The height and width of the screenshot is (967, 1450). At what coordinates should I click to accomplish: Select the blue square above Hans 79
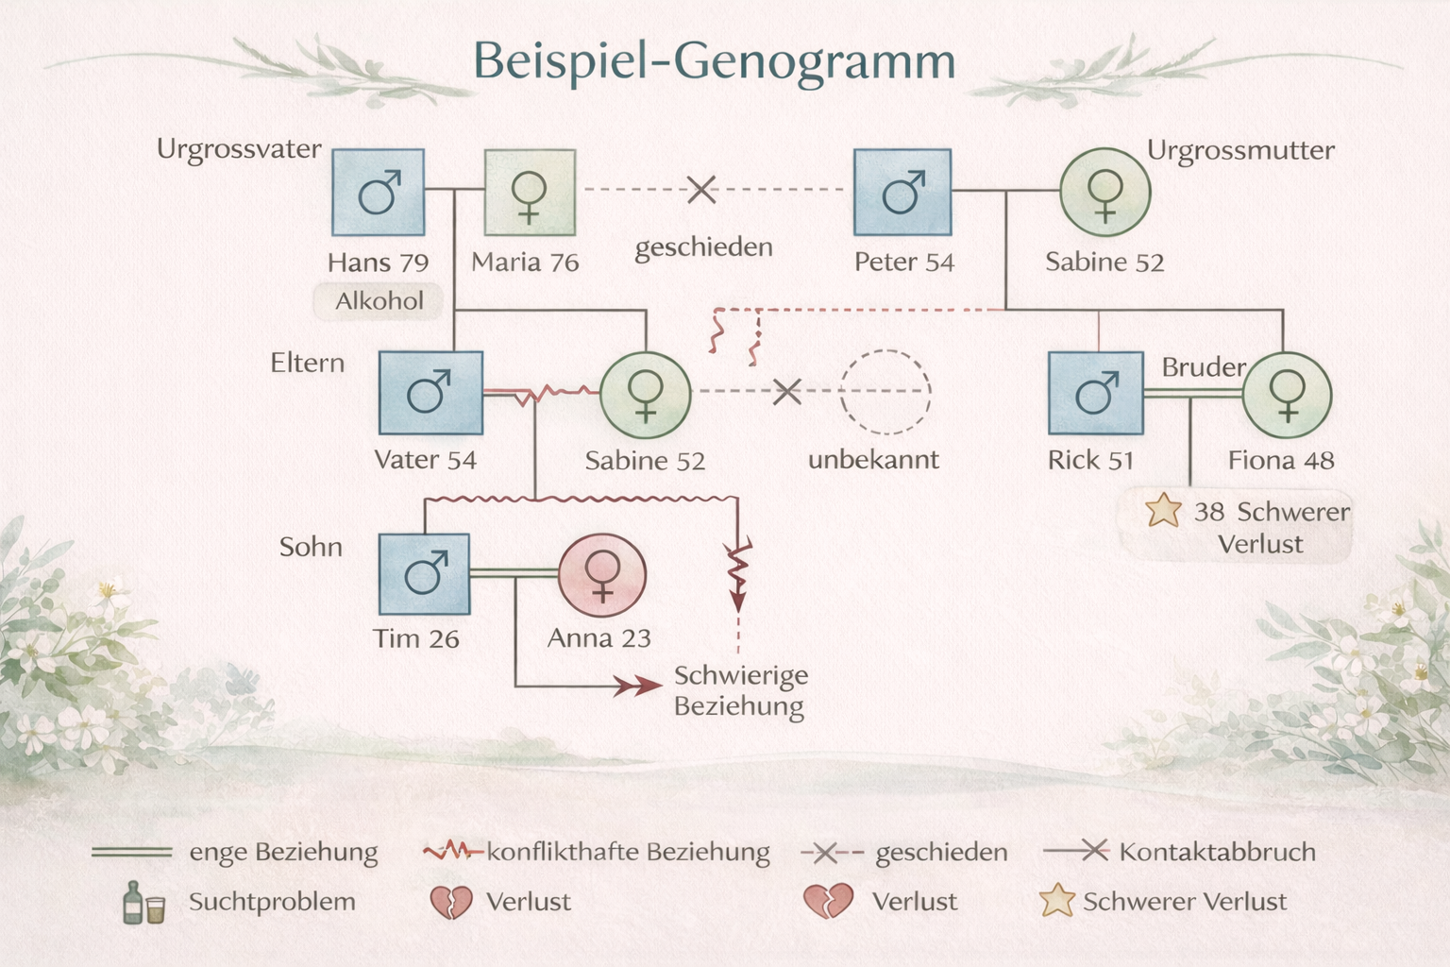click(x=378, y=193)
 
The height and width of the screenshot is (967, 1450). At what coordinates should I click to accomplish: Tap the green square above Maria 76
click(x=531, y=193)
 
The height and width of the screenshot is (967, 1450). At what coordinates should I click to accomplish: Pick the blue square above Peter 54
click(x=902, y=193)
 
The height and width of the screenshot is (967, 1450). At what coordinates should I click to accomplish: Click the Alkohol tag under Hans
click(x=379, y=301)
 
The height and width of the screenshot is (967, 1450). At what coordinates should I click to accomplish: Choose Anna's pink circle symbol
click(x=602, y=575)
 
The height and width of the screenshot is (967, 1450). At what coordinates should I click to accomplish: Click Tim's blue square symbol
click(x=424, y=574)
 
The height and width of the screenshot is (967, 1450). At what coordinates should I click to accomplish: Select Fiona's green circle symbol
click(x=1287, y=395)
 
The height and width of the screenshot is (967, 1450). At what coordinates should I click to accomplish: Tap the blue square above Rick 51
click(x=1096, y=393)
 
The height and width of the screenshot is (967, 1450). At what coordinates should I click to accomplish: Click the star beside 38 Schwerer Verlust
click(x=1163, y=510)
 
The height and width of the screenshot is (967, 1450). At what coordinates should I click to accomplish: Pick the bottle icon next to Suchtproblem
click(x=133, y=902)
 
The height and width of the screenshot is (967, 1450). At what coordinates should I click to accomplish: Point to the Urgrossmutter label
click(x=1240, y=150)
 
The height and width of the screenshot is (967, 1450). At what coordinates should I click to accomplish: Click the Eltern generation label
click(x=308, y=363)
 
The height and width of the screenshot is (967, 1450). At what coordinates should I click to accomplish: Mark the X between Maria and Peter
click(x=701, y=190)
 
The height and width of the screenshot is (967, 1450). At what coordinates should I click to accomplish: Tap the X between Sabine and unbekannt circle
click(x=787, y=391)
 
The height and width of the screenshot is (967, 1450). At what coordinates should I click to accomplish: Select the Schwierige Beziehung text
click(x=741, y=690)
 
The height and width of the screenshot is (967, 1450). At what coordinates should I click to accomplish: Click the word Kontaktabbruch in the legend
click(x=1218, y=852)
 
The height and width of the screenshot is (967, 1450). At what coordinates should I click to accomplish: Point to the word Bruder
click(x=1204, y=367)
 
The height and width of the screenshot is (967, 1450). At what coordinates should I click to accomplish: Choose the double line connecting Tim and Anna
click(x=514, y=572)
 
